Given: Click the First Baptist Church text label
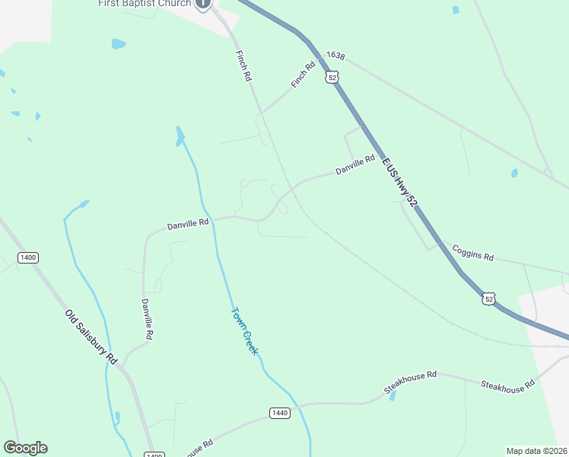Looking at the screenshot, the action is point(145,3).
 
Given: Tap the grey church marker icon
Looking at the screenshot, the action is point(202,3).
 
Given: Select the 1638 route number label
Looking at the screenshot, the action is point(335,56).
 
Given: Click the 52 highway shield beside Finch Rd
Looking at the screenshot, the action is point(331,78).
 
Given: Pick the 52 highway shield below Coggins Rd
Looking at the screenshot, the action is point(488,298).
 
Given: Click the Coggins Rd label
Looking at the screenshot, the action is point(472,253).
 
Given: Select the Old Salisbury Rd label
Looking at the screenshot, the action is point(91,336).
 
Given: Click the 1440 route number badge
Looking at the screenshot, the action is point(279,413).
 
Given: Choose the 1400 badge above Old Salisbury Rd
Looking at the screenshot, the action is point(28,257).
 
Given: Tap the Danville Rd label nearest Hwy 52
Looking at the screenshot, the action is point(356,165).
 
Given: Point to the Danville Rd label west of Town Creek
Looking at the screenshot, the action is point(188,224).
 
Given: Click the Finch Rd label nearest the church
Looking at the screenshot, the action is point(243,66).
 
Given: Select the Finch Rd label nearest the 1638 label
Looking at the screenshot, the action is point(303,75).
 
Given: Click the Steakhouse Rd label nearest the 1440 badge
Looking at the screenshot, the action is point(410,381).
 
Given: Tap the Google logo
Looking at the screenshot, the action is point(25,448).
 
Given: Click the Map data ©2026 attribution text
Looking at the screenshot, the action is point(537,450).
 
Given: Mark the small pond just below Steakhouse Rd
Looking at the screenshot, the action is point(393,396).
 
